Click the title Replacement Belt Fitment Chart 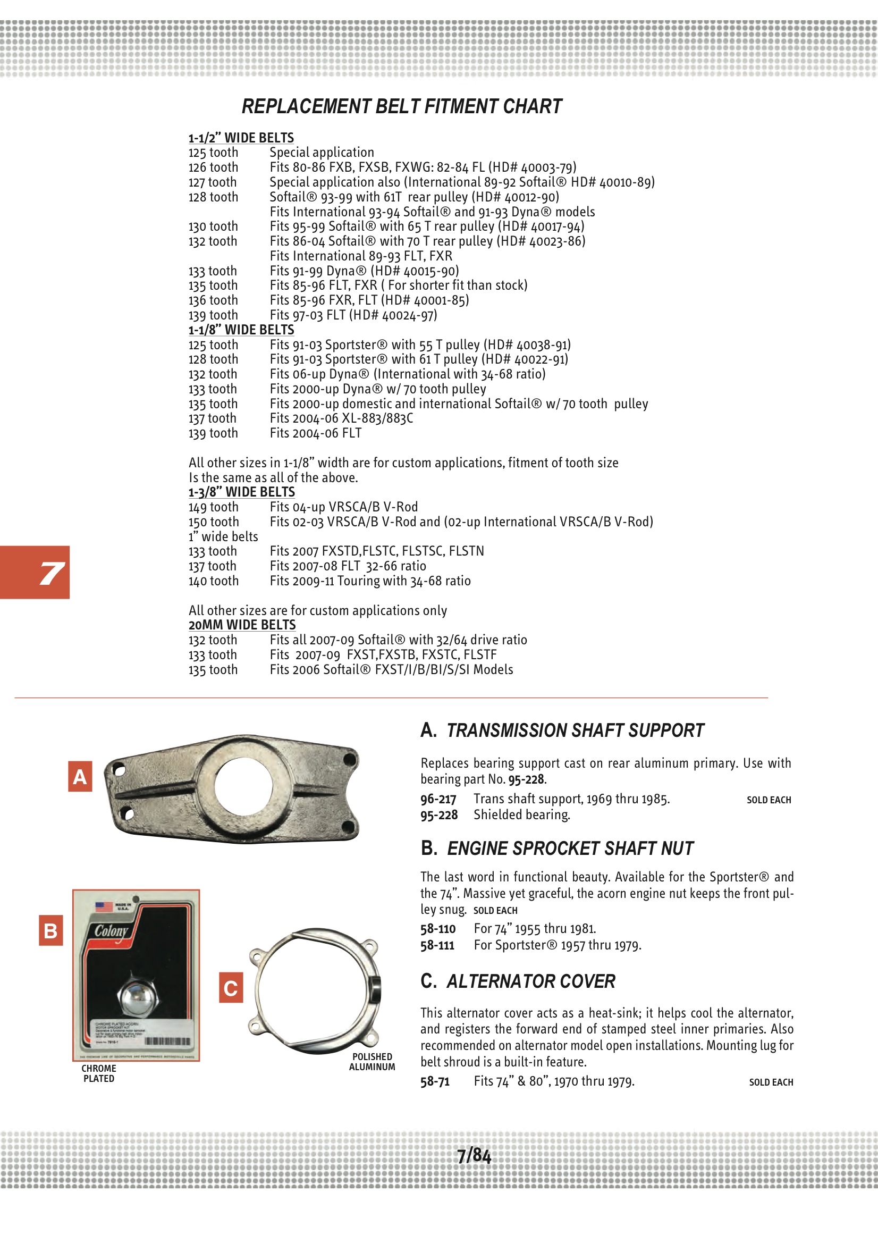coord(402,107)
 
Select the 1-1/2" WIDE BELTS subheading coord(241,138)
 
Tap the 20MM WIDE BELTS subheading coord(242,625)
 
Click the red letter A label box coord(80,776)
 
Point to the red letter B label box coord(51,930)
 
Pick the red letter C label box coord(231,987)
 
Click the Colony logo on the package coord(112,930)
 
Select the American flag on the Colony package coord(104,906)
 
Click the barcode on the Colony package coord(167,1041)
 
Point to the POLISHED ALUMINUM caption coord(372,1062)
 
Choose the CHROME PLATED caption coord(98,1073)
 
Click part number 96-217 coord(438,799)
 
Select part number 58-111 coord(437,945)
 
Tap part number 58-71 coord(435,1081)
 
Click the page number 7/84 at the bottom coord(474,1156)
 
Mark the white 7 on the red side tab coord(52,573)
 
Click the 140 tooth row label coord(213,581)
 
